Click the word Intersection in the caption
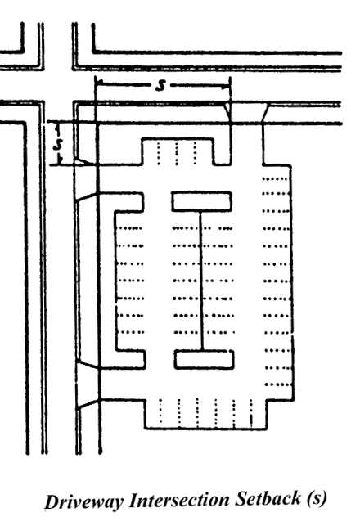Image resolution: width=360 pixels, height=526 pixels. [x=178, y=500]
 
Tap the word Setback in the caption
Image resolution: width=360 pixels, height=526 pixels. [x=268, y=498]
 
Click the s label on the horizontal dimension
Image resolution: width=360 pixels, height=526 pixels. [x=160, y=85]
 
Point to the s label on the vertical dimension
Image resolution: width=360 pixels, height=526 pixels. [x=59, y=144]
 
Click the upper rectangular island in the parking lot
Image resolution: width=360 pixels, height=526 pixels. [x=201, y=201]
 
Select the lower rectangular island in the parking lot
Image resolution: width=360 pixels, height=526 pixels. [x=204, y=359]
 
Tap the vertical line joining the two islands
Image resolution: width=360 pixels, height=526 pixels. [x=201, y=281]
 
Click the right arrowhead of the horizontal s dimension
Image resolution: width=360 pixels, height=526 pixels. [x=227, y=87]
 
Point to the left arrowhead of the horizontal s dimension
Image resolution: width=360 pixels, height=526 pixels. [x=98, y=82]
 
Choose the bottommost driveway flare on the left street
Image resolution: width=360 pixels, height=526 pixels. [x=88, y=403]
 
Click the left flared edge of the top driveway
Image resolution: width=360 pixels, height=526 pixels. [x=227, y=112]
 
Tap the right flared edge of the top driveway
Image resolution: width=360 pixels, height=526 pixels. [x=265, y=113]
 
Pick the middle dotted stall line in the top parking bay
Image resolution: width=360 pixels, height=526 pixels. [x=177, y=153]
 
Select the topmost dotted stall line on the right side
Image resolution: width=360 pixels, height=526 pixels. [x=275, y=179]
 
